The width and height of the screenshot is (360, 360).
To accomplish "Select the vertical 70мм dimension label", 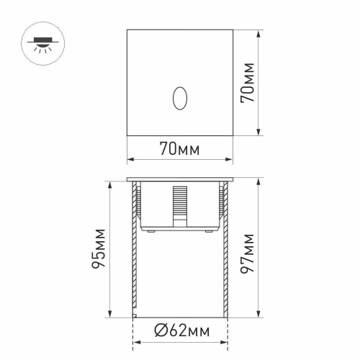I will pyautogui.click(x=247, y=82).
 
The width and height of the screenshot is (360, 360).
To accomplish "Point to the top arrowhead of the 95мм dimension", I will pyautogui.click(x=109, y=182).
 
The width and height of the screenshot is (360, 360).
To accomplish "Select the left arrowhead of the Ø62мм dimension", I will pyautogui.click(x=135, y=342).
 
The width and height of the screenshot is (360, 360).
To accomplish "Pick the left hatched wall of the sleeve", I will pyautogui.click(x=134, y=259).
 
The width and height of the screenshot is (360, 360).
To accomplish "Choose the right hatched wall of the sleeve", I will pyautogui.click(x=224, y=259).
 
